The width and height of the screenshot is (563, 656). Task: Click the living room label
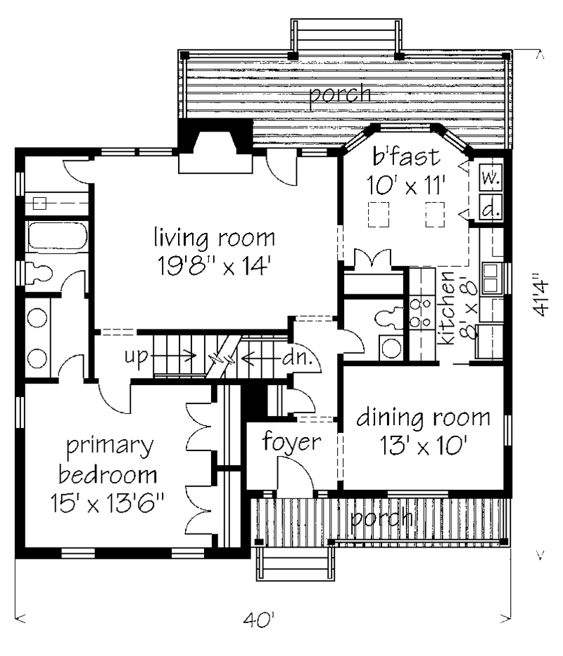215,238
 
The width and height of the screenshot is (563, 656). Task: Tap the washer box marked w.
490,179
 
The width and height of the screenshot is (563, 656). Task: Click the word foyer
291,442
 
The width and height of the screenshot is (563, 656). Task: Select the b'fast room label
406,157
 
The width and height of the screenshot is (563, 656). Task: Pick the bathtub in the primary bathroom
57,236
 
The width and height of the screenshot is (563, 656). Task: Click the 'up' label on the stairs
137,357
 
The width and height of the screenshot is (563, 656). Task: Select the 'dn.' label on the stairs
297,358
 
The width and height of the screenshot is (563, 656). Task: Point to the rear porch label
340,94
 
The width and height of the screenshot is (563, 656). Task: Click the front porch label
381,519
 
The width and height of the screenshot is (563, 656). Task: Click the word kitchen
447,308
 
